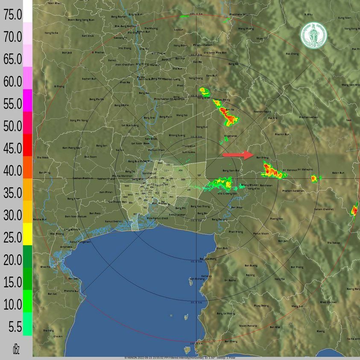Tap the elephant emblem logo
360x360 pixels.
coord(313,35)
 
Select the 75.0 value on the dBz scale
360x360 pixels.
coord(13,15)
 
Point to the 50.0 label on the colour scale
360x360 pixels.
coord(13,126)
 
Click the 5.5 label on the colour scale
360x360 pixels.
coord(15,327)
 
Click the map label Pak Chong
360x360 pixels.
coord(292,54)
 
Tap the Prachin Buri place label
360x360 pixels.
coord(282,135)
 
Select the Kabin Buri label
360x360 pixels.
coord(338,173)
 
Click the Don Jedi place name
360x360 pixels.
coord(67,53)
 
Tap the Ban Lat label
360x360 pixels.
coord(53,294)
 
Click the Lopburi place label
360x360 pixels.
coord(179,29)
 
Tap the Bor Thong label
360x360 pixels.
coord(297,267)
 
